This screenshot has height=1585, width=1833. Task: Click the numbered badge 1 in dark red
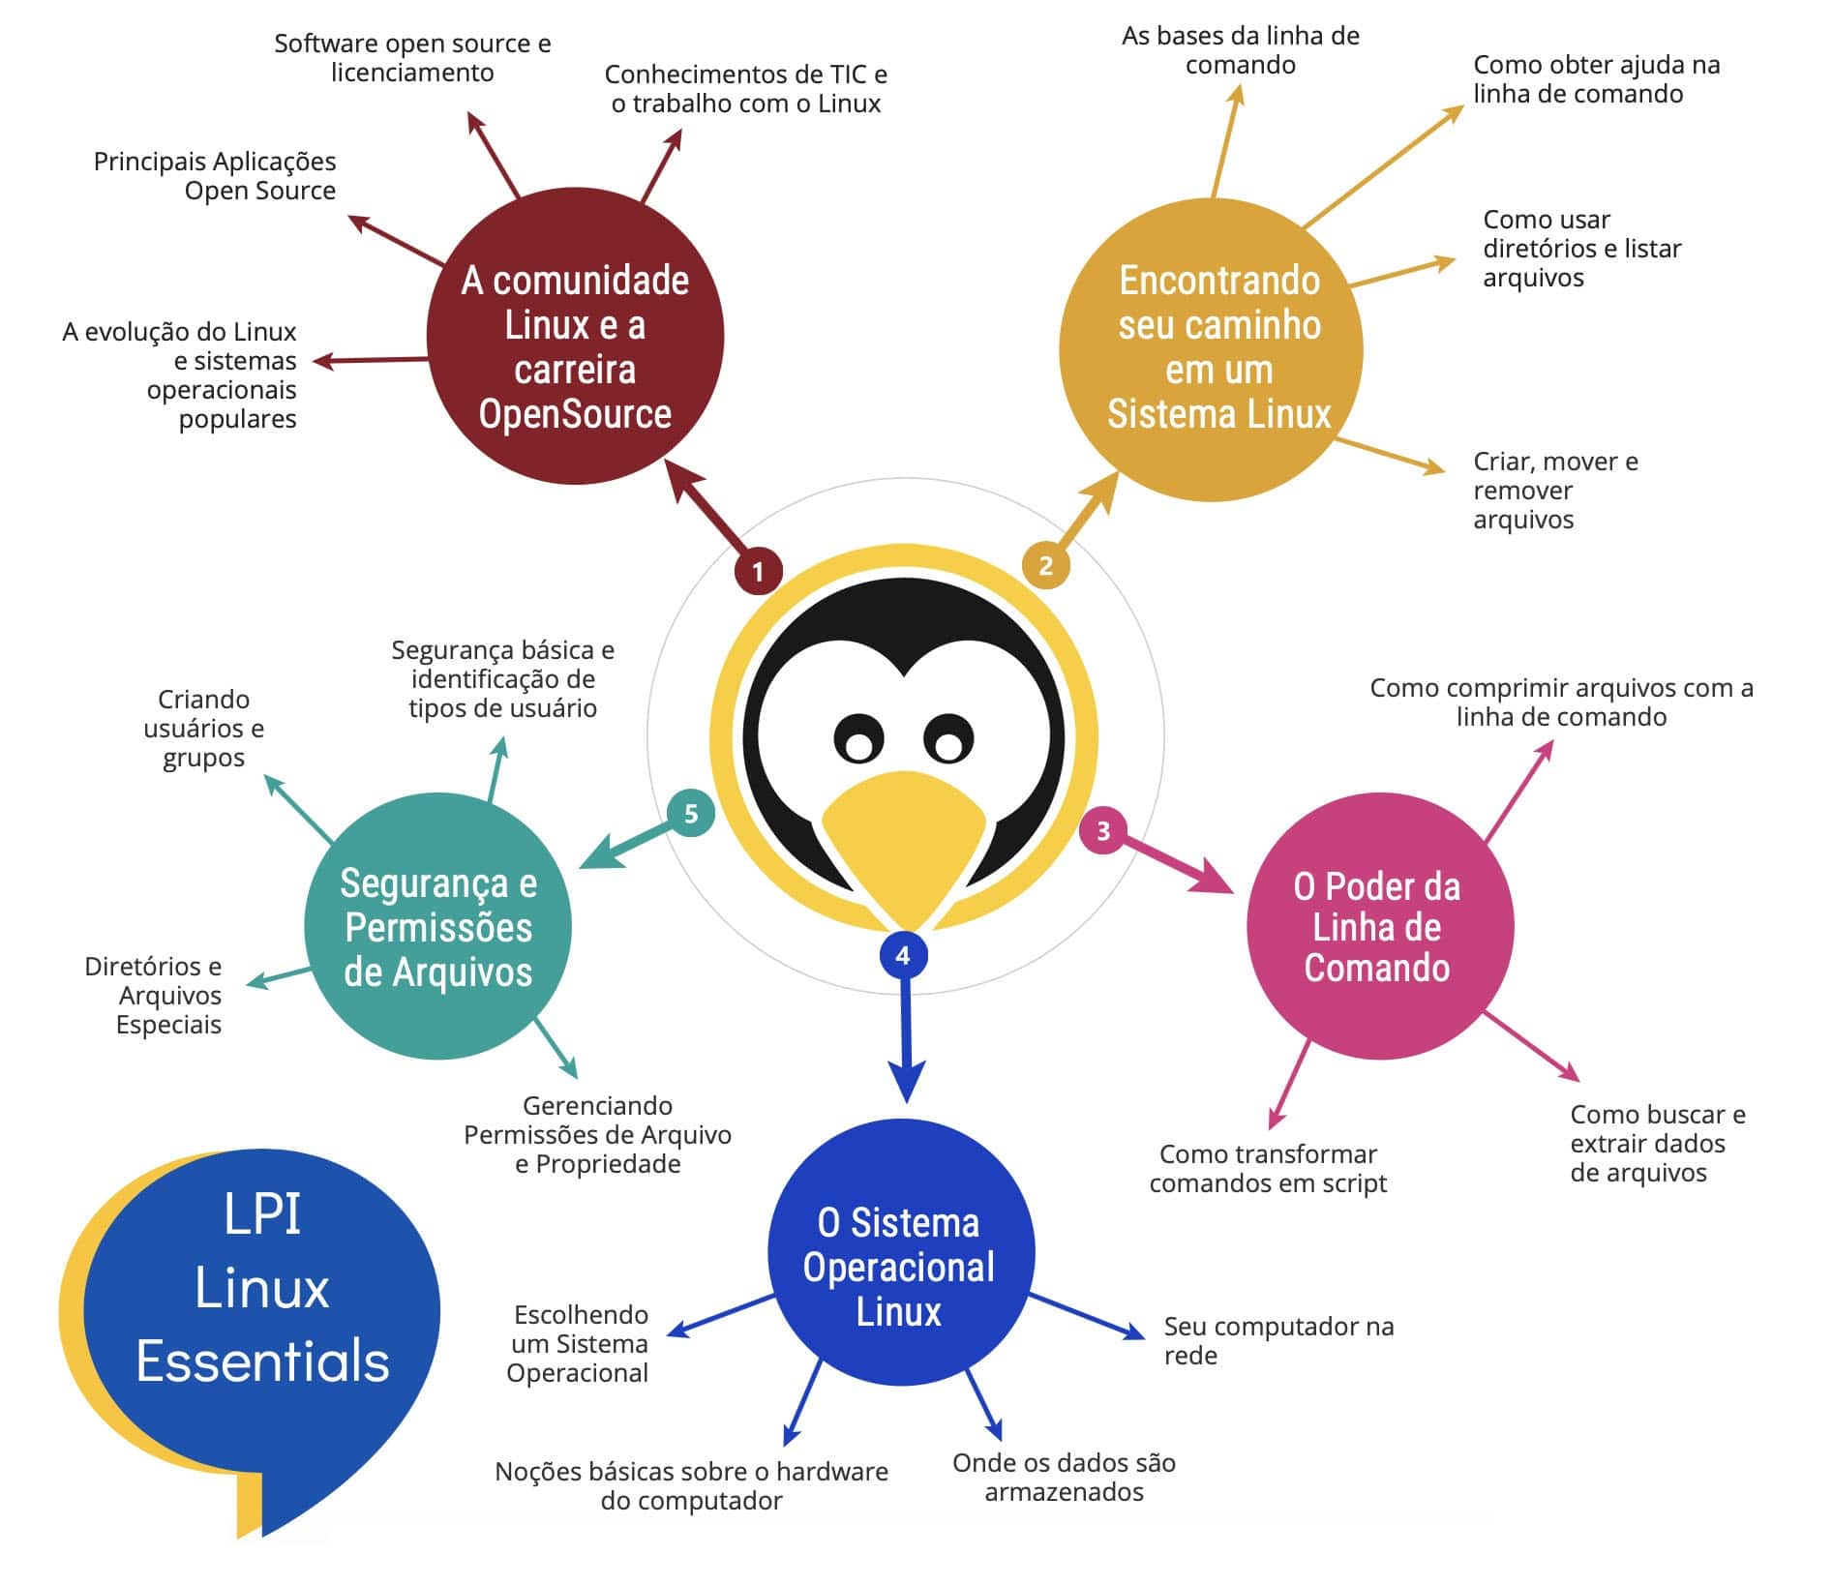758,571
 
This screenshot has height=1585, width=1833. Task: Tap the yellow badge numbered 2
1045,564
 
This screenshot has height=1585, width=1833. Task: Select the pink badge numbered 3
1102,830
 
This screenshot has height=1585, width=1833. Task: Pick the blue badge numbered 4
903,955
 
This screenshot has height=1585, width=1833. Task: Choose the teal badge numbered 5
691,813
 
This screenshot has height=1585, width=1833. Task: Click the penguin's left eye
858,740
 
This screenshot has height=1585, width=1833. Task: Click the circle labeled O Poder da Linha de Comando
1378,926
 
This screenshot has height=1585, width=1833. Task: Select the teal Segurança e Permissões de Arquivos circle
437,926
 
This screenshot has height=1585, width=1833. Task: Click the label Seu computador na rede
1277,1340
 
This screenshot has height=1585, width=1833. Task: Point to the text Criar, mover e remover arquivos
1553,491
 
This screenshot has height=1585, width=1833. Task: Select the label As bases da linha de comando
1240,50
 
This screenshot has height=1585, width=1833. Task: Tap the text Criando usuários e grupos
203,728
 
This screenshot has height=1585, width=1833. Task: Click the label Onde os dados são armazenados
1064,1477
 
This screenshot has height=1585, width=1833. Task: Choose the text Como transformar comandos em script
1268,1168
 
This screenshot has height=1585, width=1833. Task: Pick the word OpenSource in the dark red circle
575,414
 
